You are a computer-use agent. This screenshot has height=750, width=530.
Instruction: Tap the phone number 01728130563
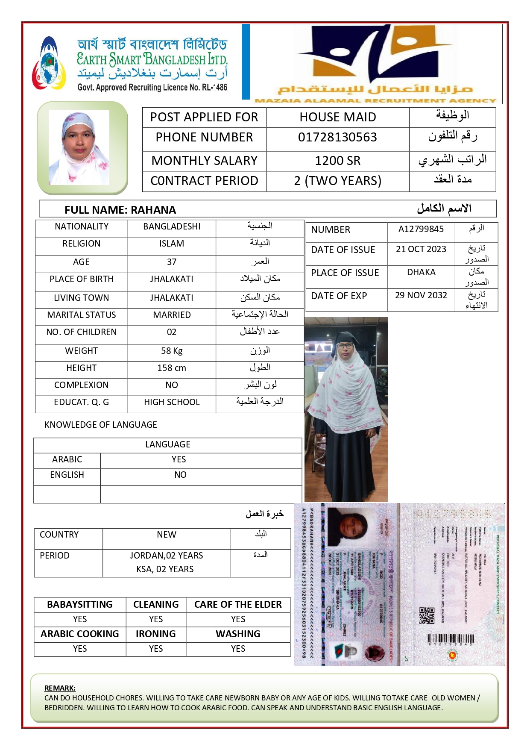[x=337, y=137]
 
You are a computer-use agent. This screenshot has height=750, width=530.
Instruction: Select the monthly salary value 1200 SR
[x=337, y=161]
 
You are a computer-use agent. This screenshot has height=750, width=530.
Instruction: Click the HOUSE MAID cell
[x=337, y=117]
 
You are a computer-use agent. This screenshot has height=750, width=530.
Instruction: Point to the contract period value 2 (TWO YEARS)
[x=337, y=181]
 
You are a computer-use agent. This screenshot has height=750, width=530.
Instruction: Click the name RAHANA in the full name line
[x=153, y=210]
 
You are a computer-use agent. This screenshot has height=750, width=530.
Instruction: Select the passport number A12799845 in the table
[x=421, y=229]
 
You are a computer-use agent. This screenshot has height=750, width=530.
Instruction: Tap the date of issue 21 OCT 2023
[x=421, y=249]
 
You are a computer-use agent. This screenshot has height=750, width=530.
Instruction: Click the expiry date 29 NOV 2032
[x=421, y=295]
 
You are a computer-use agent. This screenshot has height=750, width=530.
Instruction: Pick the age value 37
[x=172, y=262]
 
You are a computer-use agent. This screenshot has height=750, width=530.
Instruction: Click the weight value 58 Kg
[x=172, y=351]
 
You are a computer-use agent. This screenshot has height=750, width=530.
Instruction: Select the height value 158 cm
[x=172, y=368]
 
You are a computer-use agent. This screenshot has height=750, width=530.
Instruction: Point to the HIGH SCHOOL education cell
[x=172, y=402]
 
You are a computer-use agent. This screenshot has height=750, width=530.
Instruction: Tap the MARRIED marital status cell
[x=172, y=315]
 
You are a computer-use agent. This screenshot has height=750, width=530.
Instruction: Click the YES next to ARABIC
[x=179, y=459]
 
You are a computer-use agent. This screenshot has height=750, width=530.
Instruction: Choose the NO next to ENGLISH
[x=180, y=475]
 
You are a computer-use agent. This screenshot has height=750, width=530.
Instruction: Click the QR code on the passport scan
[x=427, y=615]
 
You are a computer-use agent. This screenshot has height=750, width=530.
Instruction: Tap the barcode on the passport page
[x=448, y=638]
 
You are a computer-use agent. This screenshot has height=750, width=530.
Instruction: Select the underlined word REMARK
[x=60, y=688]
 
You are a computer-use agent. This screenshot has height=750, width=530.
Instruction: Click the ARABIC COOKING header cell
[x=80, y=634]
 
